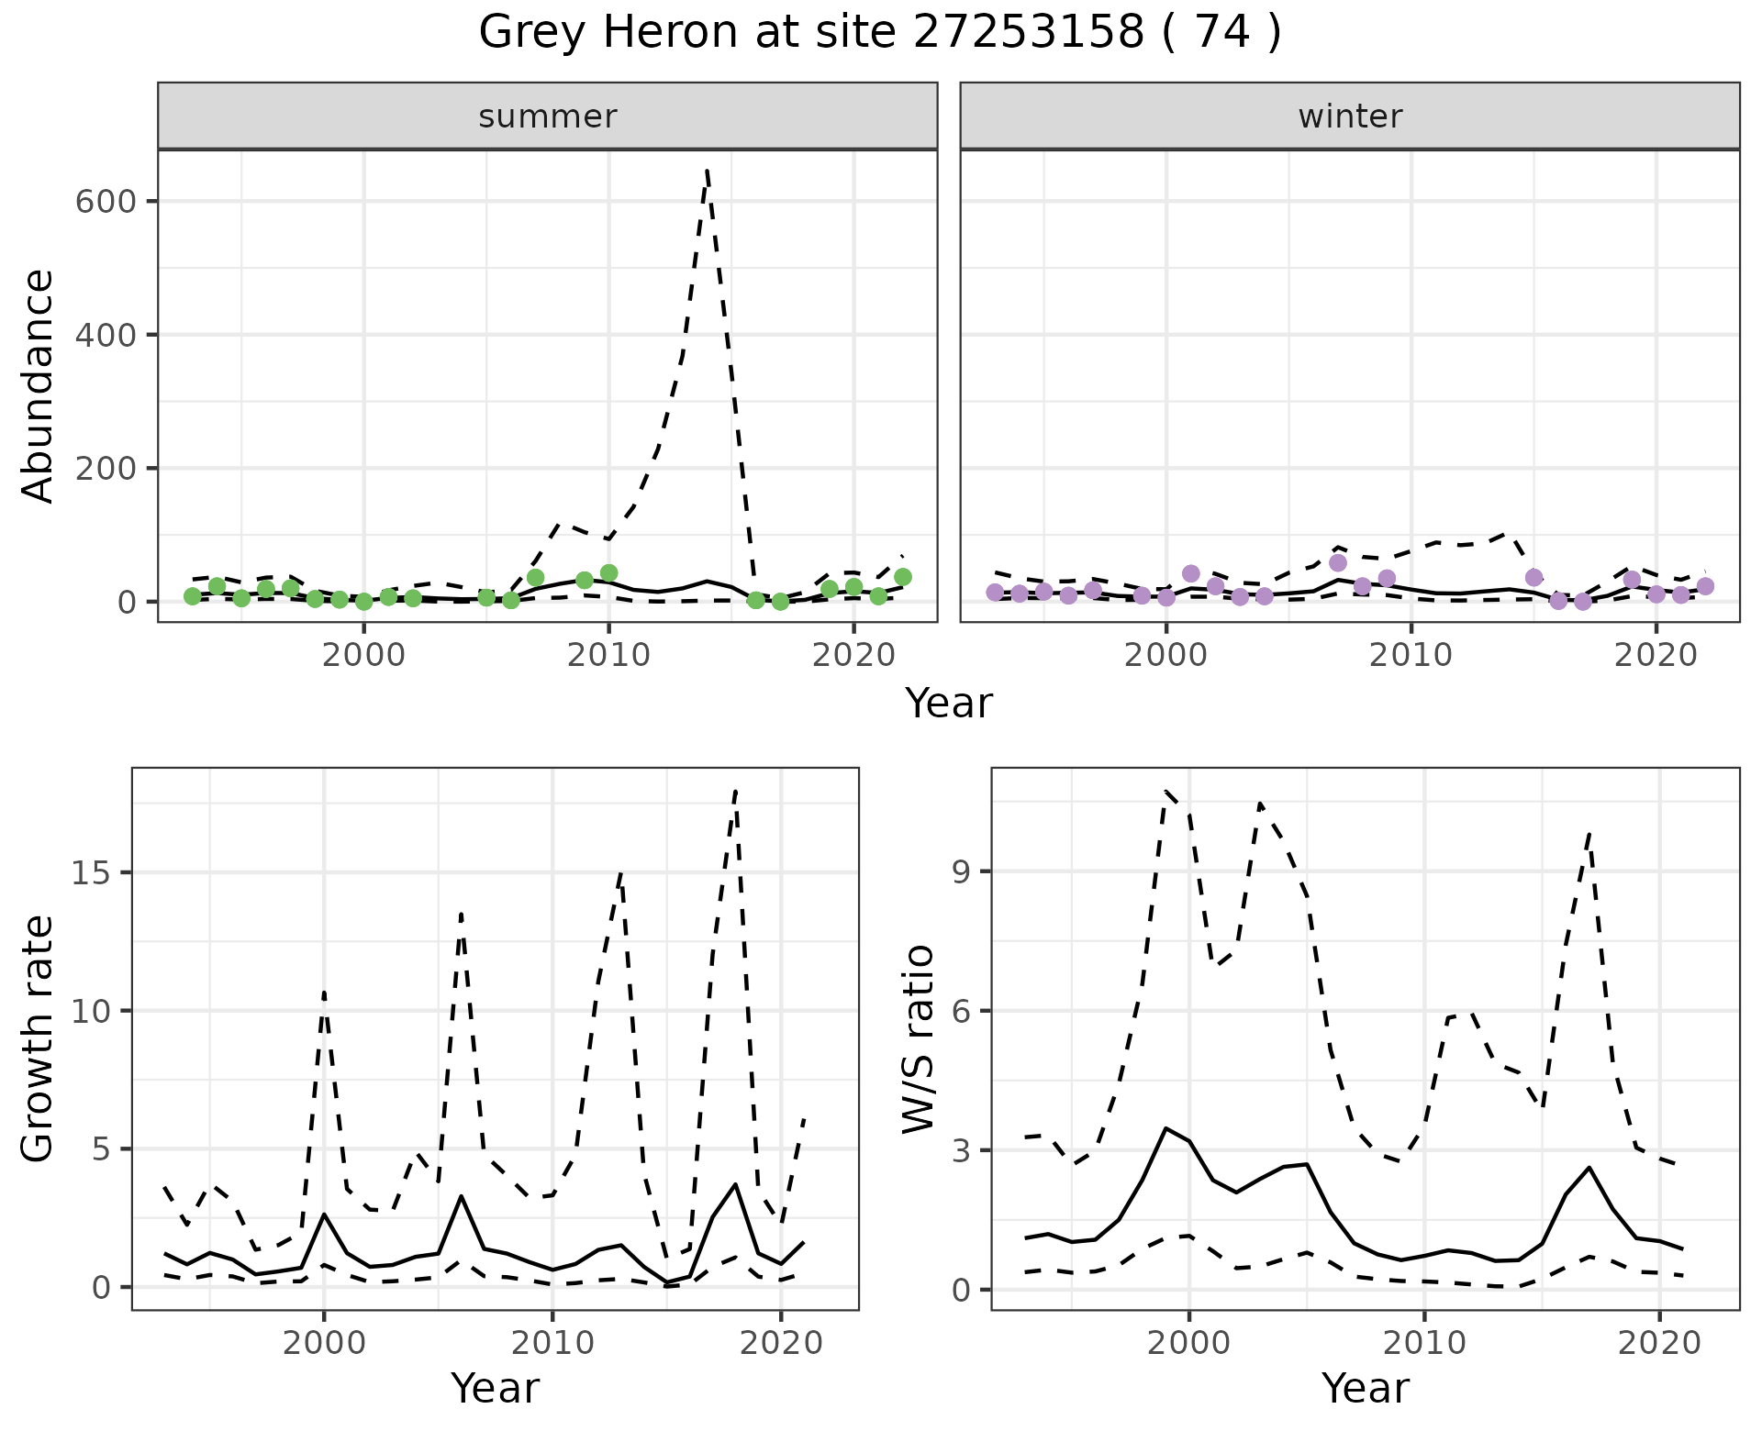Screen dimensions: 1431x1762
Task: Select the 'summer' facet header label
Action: [548, 116]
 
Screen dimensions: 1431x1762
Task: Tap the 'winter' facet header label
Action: [1350, 116]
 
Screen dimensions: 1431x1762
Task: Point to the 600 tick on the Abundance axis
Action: [105, 202]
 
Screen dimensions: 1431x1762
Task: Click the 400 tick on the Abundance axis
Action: [105, 335]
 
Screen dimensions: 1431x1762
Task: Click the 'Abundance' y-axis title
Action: [39, 385]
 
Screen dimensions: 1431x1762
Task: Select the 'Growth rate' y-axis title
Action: [39, 1039]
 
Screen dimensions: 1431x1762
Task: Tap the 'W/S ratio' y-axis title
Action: [918, 1039]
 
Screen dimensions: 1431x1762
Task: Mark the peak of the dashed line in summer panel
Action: [707, 170]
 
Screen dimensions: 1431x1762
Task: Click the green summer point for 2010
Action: [608, 573]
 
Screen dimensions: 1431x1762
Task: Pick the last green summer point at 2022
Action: [903, 577]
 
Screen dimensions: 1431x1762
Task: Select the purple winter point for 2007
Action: [1338, 562]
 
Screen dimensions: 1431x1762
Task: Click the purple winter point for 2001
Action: [1191, 573]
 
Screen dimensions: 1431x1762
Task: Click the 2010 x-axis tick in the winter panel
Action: [1411, 655]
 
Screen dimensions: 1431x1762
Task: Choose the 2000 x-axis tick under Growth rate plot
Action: [323, 1343]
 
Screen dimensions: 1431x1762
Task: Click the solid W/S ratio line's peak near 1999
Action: [1165, 1128]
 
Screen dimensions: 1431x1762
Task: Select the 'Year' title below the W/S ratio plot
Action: [1366, 1389]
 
